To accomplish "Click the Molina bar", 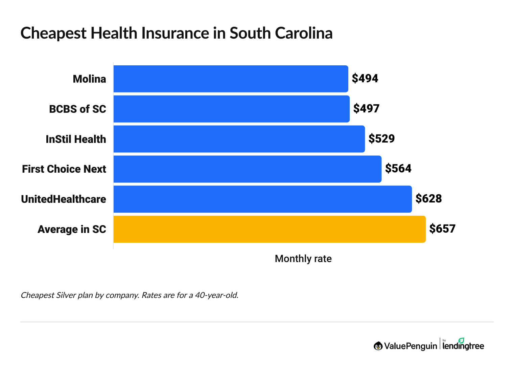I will [x=231, y=79].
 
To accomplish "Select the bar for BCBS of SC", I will [x=231, y=109].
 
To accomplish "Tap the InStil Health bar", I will [x=239, y=139].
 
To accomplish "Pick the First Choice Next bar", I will [x=247, y=169].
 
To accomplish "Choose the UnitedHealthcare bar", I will [x=262, y=199].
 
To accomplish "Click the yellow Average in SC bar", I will [x=269, y=229].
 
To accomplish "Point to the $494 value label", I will [x=365, y=79].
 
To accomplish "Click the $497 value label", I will [x=366, y=109].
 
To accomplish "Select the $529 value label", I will [x=381, y=139].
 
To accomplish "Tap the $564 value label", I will [x=398, y=169].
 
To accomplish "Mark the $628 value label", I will [x=428, y=199].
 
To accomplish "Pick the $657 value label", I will [x=442, y=229].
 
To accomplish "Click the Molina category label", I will [x=89, y=79].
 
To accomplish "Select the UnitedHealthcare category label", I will [x=64, y=199].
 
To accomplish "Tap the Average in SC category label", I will [x=72, y=230].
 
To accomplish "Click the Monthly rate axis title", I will [x=303, y=259].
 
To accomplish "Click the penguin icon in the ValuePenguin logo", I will [x=378, y=346].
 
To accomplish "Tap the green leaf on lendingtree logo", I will [x=461, y=340].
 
